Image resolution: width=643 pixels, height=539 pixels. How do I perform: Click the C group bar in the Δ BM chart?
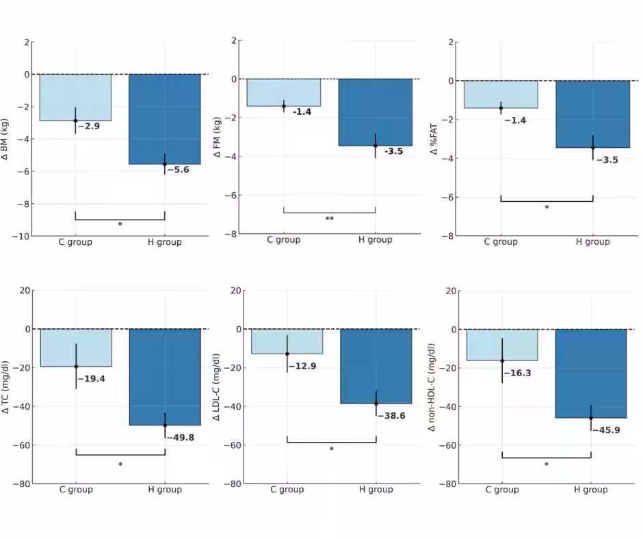coord(75,97)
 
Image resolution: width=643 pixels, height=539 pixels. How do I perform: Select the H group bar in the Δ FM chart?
coord(375,112)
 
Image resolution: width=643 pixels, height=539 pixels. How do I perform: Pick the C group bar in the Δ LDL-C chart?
coord(287,341)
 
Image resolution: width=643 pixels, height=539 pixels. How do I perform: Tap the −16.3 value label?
coord(518,373)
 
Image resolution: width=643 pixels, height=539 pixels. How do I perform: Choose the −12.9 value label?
coord(302,367)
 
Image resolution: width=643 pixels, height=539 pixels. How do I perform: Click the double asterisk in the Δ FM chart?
coord(330,220)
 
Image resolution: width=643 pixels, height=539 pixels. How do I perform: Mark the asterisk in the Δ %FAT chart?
coord(547,208)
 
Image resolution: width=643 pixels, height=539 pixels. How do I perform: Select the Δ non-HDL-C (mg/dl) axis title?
coord(431,387)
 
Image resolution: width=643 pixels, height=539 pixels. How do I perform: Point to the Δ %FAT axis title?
coord(434,139)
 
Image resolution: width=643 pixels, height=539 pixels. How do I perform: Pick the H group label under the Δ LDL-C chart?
coord(376,490)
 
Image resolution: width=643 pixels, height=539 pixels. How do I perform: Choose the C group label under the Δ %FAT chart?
coord(501,242)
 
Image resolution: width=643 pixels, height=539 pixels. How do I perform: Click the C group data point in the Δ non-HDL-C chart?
coord(502,360)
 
